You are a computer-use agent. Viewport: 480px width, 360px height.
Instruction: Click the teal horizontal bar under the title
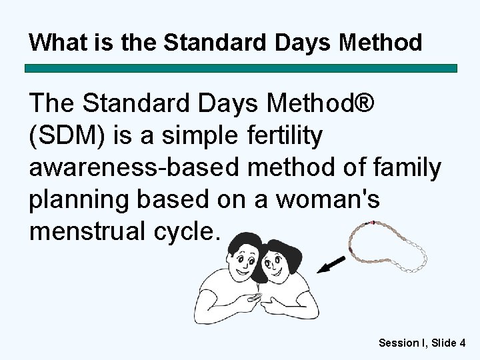coord(241,69)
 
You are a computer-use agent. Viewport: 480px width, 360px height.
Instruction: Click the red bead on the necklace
coord(373,222)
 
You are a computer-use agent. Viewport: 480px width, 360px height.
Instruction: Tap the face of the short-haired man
coord(242,261)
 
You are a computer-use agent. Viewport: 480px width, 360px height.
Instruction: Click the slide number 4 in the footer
coord(462,343)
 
